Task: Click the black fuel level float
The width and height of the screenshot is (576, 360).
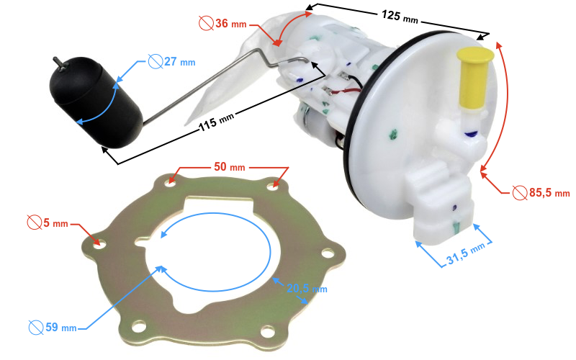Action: [96, 102]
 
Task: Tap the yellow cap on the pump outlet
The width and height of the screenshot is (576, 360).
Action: [474, 78]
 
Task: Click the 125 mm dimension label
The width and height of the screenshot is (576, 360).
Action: [400, 17]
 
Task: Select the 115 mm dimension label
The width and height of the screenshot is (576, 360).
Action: [217, 122]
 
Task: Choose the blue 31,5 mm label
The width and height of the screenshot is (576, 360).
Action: [466, 253]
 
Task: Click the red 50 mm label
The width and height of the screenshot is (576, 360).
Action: [230, 167]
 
